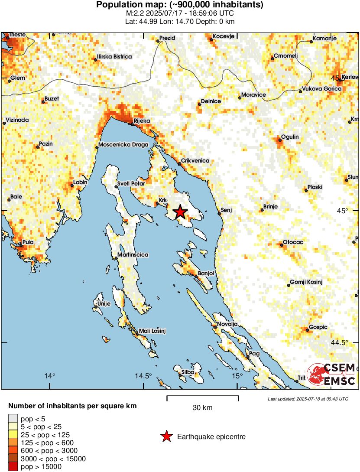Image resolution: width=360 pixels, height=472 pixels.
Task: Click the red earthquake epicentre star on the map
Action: [180, 212]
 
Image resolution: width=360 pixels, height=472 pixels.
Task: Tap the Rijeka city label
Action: [141, 121]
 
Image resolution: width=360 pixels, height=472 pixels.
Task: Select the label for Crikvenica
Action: [195, 161]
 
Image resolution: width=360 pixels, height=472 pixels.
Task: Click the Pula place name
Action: [28, 242]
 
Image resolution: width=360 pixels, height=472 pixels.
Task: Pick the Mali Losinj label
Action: [152, 331]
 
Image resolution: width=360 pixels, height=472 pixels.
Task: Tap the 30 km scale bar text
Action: [202, 408]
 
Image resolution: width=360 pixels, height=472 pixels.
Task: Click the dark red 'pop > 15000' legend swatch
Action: [13, 467]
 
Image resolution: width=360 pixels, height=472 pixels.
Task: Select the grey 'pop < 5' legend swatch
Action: [13, 419]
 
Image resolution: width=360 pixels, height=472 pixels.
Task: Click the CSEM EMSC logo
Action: [331, 374]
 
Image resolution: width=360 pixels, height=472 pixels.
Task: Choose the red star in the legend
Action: [166, 436]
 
